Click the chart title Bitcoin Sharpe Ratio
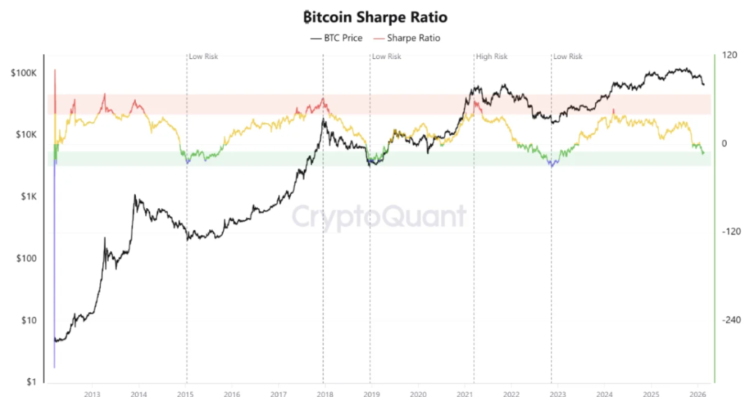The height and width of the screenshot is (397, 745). pyautogui.click(x=372, y=15)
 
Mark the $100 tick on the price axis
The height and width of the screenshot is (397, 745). pyautogui.click(x=29, y=258)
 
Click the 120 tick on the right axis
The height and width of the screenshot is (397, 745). pyautogui.click(x=727, y=55)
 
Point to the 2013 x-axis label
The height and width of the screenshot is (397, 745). pyautogui.click(x=92, y=393)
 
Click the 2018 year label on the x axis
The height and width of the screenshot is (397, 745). pyautogui.click(x=323, y=393)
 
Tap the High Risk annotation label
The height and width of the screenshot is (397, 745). pyautogui.click(x=491, y=56)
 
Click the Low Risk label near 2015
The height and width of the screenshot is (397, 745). pyautogui.click(x=204, y=56)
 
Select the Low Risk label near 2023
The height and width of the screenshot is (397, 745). pyautogui.click(x=568, y=56)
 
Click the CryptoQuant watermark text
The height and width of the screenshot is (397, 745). pyautogui.click(x=378, y=216)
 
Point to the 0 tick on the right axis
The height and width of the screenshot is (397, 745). pyautogui.click(x=723, y=143)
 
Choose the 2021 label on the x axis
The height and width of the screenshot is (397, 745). pyautogui.click(x=463, y=393)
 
